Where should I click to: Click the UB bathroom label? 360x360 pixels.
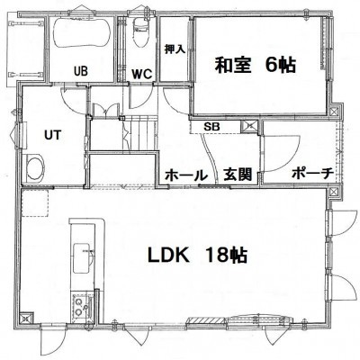pos(81,71)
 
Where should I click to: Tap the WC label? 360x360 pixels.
pos(142,74)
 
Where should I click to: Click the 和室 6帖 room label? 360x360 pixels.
pos(256,65)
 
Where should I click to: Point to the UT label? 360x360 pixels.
pos(52,135)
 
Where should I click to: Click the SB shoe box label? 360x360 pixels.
pos(211,127)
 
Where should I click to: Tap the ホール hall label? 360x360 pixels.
pos(186,175)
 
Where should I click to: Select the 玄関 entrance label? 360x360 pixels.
pos(238,175)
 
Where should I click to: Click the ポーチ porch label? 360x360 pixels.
pos(313,174)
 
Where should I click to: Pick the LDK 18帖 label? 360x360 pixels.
pos(198,256)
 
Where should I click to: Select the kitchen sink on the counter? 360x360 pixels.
pos(83,258)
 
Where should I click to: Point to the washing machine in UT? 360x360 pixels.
pos(35,168)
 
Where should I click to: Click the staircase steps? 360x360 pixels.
pos(140,135)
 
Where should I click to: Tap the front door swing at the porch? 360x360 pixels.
pos(281,154)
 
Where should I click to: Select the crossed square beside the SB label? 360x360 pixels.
pos(249,126)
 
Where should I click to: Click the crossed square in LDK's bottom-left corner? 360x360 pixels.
pos(26,317)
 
